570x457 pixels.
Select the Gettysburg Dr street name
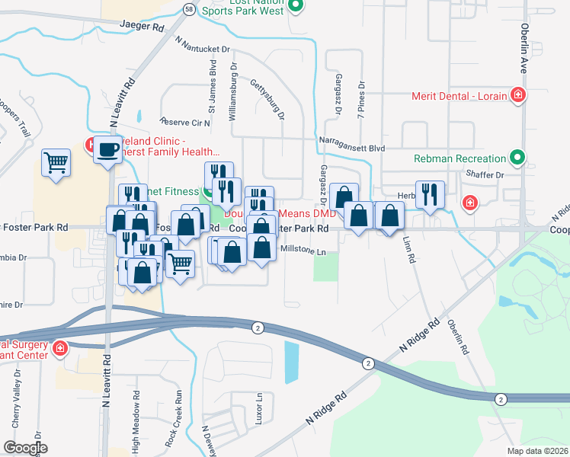coord(267,101)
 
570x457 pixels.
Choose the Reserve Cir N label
coord(184,122)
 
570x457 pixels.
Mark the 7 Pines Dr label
coord(361,100)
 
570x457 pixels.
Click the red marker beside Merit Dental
coord(518,95)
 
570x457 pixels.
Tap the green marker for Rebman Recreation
coord(518,158)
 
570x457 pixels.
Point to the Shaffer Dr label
coord(489,174)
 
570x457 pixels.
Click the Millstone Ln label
coord(303,250)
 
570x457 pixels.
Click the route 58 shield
coord(188,8)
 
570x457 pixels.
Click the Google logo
coord(24,447)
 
